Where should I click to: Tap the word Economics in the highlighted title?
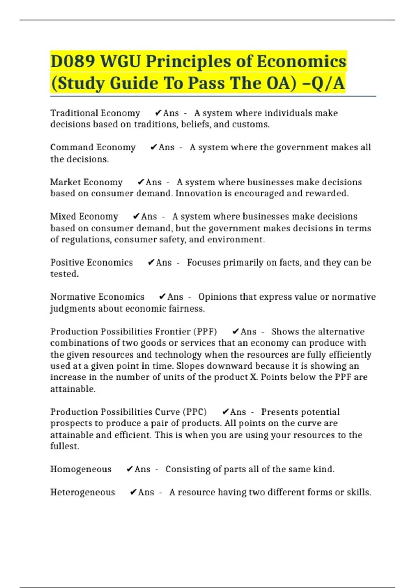pos(301,62)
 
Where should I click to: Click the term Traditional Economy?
pos(95,113)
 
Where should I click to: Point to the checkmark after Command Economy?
pos(154,147)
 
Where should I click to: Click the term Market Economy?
pos(86,182)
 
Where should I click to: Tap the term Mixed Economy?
pos(84,217)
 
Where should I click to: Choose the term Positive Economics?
pos(92,263)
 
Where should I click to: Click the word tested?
pos(64,274)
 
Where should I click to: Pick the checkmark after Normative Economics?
pos(162,297)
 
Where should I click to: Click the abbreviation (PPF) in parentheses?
pos(206,332)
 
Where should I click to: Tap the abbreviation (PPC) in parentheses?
pos(196,412)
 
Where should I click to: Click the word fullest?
pos(65,446)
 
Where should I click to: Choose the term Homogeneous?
pos(81,469)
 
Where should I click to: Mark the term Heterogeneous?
pos(83,492)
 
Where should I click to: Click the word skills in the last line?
pos(359,492)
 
